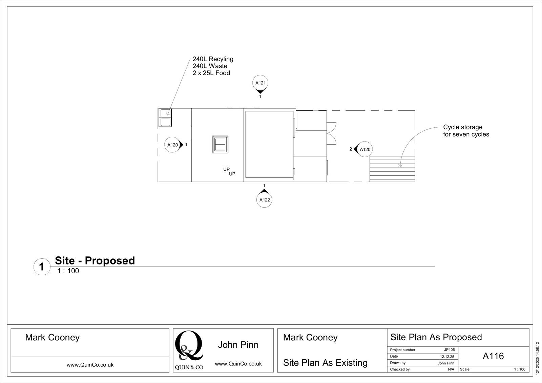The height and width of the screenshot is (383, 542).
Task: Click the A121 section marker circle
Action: pyautogui.click(x=260, y=83)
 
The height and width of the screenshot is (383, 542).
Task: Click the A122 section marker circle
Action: pyautogui.click(x=264, y=199)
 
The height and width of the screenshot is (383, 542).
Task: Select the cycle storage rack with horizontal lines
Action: pyautogui.click(x=392, y=169)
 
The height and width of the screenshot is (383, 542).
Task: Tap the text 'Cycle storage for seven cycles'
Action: pyautogui.click(x=466, y=131)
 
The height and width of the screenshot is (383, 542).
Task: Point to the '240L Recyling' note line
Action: pyautogui.click(x=213, y=59)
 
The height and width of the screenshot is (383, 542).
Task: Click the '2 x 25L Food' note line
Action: pyautogui.click(x=211, y=73)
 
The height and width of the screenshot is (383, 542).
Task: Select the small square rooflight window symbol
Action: pyautogui.click(x=220, y=144)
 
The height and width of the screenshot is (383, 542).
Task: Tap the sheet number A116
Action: pyautogui.click(x=493, y=356)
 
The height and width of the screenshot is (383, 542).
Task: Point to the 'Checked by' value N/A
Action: pyautogui.click(x=451, y=369)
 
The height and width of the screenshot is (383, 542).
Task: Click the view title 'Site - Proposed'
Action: pyautogui.click(x=95, y=260)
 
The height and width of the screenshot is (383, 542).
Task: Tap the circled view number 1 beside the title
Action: pyautogui.click(x=41, y=267)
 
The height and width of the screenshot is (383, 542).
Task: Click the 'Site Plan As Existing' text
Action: pyautogui.click(x=325, y=363)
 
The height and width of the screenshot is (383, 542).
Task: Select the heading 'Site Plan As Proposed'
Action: pyautogui.click(x=436, y=337)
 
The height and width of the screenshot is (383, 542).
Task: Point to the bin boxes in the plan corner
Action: pyautogui.click(x=165, y=117)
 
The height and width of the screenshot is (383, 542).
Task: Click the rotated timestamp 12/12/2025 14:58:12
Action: pyautogui.click(x=538, y=358)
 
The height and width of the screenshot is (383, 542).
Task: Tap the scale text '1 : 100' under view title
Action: pyautogui.click(x=68, y=271)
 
